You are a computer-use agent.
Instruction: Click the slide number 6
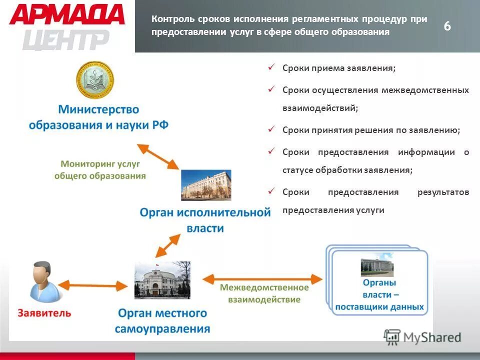click(x=447, y=26)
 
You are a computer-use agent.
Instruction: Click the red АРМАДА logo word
click(x=66, y=14)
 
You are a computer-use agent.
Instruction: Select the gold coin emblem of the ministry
click(x=95, y=80)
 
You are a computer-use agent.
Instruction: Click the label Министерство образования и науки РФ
click(x=98, y=116)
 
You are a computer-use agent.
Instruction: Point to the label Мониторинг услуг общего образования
click(x=100, y=169)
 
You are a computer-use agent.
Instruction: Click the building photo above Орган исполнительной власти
click(x=206, y=185)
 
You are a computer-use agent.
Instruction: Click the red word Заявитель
click(x=44, y=313)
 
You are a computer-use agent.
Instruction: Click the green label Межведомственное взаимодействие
click(x=264, y=293)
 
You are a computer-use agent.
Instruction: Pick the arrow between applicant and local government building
click(x=95, y=285)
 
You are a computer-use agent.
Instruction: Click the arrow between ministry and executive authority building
click(x=158, y=156)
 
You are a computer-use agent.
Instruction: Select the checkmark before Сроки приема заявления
click(x=271, y=67)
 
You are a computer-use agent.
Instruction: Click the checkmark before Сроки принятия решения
click(x=271, y=129)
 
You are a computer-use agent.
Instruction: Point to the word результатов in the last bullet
click(x=443, y=192)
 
